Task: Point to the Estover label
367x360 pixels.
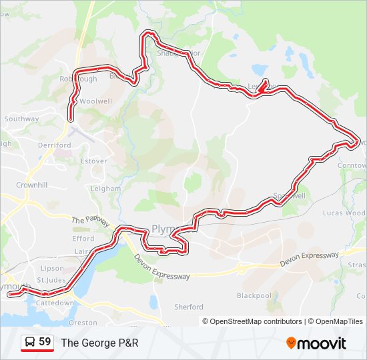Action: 93,161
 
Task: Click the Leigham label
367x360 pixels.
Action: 105,189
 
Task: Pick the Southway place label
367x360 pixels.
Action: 22,119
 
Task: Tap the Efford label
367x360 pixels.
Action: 83,238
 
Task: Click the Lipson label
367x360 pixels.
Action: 52,268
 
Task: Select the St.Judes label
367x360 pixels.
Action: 51,279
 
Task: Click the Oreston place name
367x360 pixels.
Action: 83,322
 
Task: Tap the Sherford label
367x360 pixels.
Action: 189,307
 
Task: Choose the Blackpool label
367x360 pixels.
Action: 254,295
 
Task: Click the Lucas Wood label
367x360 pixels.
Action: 344,213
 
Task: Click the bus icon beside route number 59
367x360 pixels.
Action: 30,342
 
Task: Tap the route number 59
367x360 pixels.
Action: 45,342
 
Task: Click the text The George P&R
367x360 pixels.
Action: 99,343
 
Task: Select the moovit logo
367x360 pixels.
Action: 316,343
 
